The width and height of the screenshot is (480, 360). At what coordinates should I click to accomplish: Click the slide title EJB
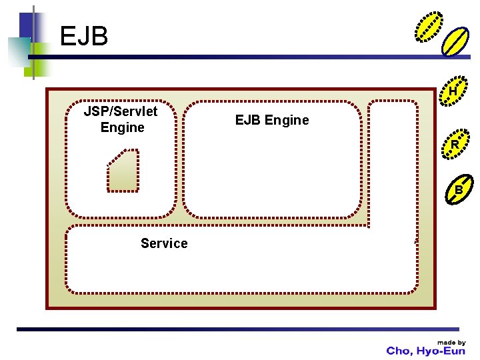(x=84, y=37)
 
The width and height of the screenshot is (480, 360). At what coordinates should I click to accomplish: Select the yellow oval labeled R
(x=455, y=145)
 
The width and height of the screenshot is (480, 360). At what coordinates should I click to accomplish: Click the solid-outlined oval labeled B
(x=459, y=190)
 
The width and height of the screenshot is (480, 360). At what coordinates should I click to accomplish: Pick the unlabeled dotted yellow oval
(x=428, y=27)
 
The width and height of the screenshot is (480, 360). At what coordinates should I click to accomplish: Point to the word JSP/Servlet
(x=121, y=111)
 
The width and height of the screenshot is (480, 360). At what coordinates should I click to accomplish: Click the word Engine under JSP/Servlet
(x=122, y=127)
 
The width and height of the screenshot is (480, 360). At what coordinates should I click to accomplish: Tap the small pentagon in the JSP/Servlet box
(x=123, y=171)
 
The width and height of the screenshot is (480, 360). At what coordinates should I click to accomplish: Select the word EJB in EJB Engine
(x=248, y=120)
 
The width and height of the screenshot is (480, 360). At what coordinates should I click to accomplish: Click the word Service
(x=164, y=243)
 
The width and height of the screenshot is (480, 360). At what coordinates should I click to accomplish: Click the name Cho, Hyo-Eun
(x=426, y=351)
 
